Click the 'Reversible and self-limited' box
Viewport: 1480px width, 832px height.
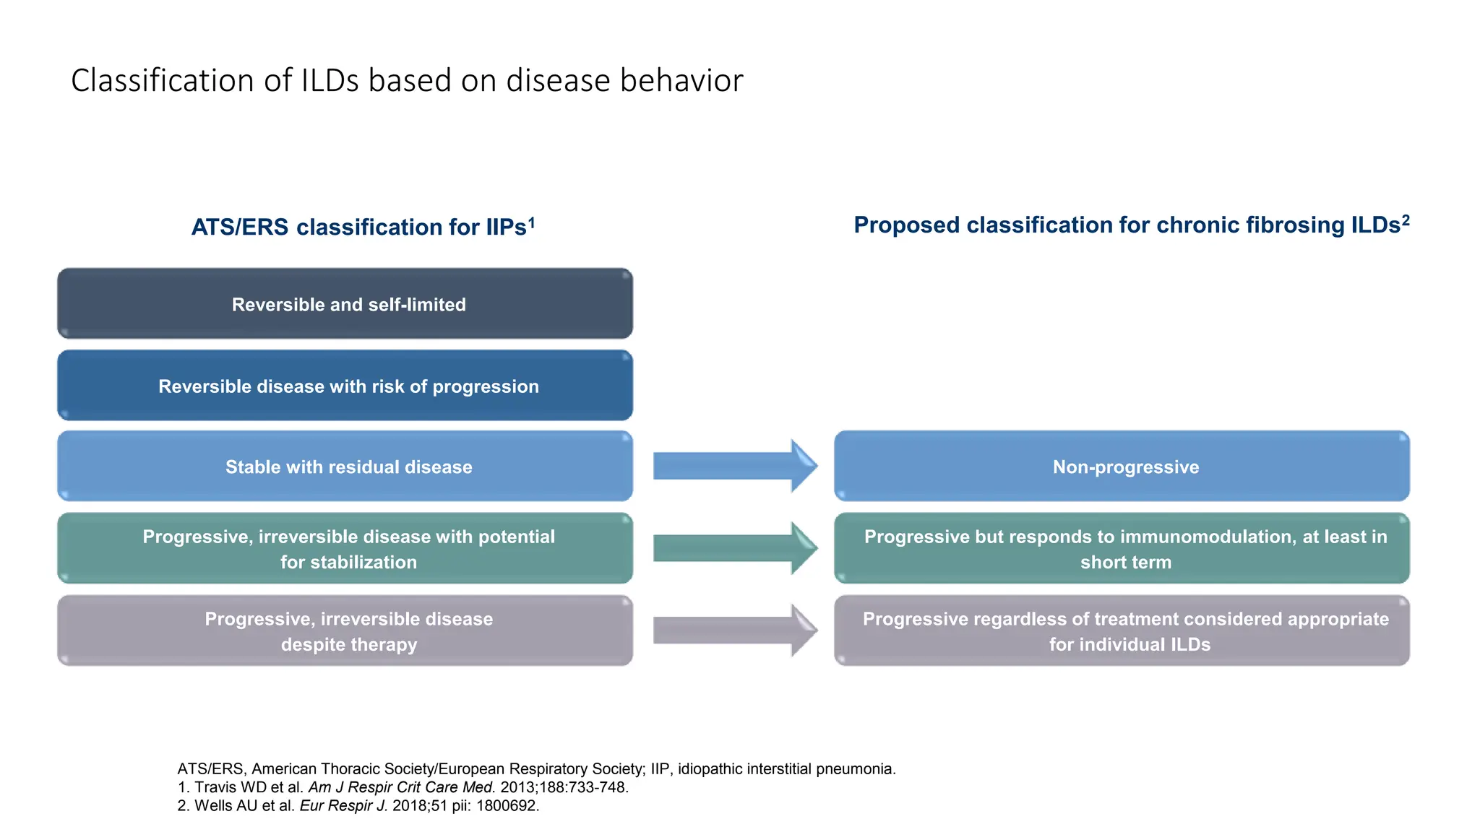click(345, 304)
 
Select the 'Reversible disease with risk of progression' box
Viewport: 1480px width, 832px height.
click(345, 386)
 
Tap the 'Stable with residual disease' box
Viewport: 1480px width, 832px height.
click(345, 467)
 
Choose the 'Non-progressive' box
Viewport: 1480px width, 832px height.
click(1122, 467)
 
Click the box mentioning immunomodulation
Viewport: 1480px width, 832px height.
click(1122, 549)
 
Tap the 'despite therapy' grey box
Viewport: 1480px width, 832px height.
click(345, 630)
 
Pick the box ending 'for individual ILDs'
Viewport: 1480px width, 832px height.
click(1122, 630)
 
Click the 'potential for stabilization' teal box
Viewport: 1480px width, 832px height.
click(345, 549)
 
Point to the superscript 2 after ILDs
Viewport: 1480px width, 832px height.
click(1406, 220)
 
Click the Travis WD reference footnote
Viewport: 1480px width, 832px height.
click(403, 787)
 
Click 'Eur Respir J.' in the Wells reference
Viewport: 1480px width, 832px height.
click(343, 806)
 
